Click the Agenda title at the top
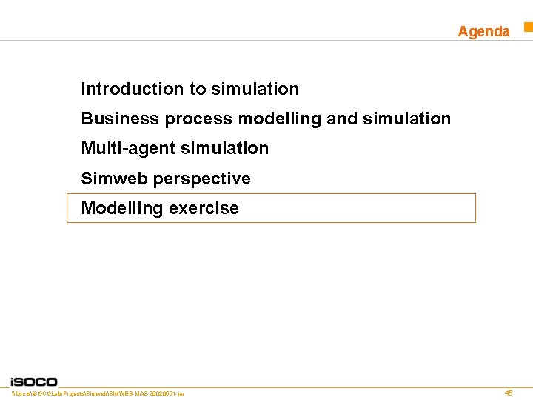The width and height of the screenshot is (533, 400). (483, 31)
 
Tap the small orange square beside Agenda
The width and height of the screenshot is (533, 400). (529, 27)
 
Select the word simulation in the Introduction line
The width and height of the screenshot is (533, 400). (255, 89)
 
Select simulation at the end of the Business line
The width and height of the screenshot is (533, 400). (406, 119)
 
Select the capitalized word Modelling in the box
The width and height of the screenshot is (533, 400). (122, 208)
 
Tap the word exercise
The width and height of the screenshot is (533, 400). (204, 208)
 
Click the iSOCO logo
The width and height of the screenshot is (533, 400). (34, 381)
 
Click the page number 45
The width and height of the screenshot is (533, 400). (508, 393)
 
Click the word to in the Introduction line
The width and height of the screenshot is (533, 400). (198, 89)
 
